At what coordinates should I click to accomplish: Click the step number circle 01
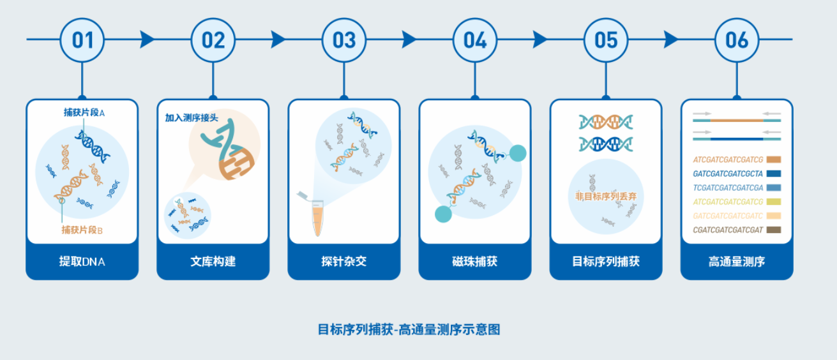pyautogui.click(x=82, y=40)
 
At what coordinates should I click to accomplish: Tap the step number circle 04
pyautogui.click(x=475, y=40)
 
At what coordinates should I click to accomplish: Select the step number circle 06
pyautogui.click(x=737, y=40)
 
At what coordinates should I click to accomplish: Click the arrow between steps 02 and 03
pyautogui.click(x=278, y=40)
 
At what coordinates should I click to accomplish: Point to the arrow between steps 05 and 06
pyautogui.click(x=671, y=40)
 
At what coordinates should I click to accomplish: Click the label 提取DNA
pyautogui.click(x=82, y=262)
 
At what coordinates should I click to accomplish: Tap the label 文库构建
pyautogui.click(x=213, y=262)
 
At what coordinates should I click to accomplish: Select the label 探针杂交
pyautogui.click(x=343, y=262)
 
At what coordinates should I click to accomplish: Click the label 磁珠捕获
pyautogui.click(x=474, y=262)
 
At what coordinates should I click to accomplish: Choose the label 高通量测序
pyautogui.click(x=736, y=262)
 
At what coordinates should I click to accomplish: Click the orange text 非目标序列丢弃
pyautogui.click(x=606, y=195)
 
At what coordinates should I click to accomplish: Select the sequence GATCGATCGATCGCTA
pyautogui.click(x=728, y=174)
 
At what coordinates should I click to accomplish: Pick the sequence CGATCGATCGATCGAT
pyautogui.click(x=728, y=230)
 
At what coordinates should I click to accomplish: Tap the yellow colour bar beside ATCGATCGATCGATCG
pyautogui.click(x=773, y=202)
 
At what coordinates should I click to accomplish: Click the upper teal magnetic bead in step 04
pyautogui.click(x=518, y=153)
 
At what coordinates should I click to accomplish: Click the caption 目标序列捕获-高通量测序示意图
pyautogui.click(x=409, y=329)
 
